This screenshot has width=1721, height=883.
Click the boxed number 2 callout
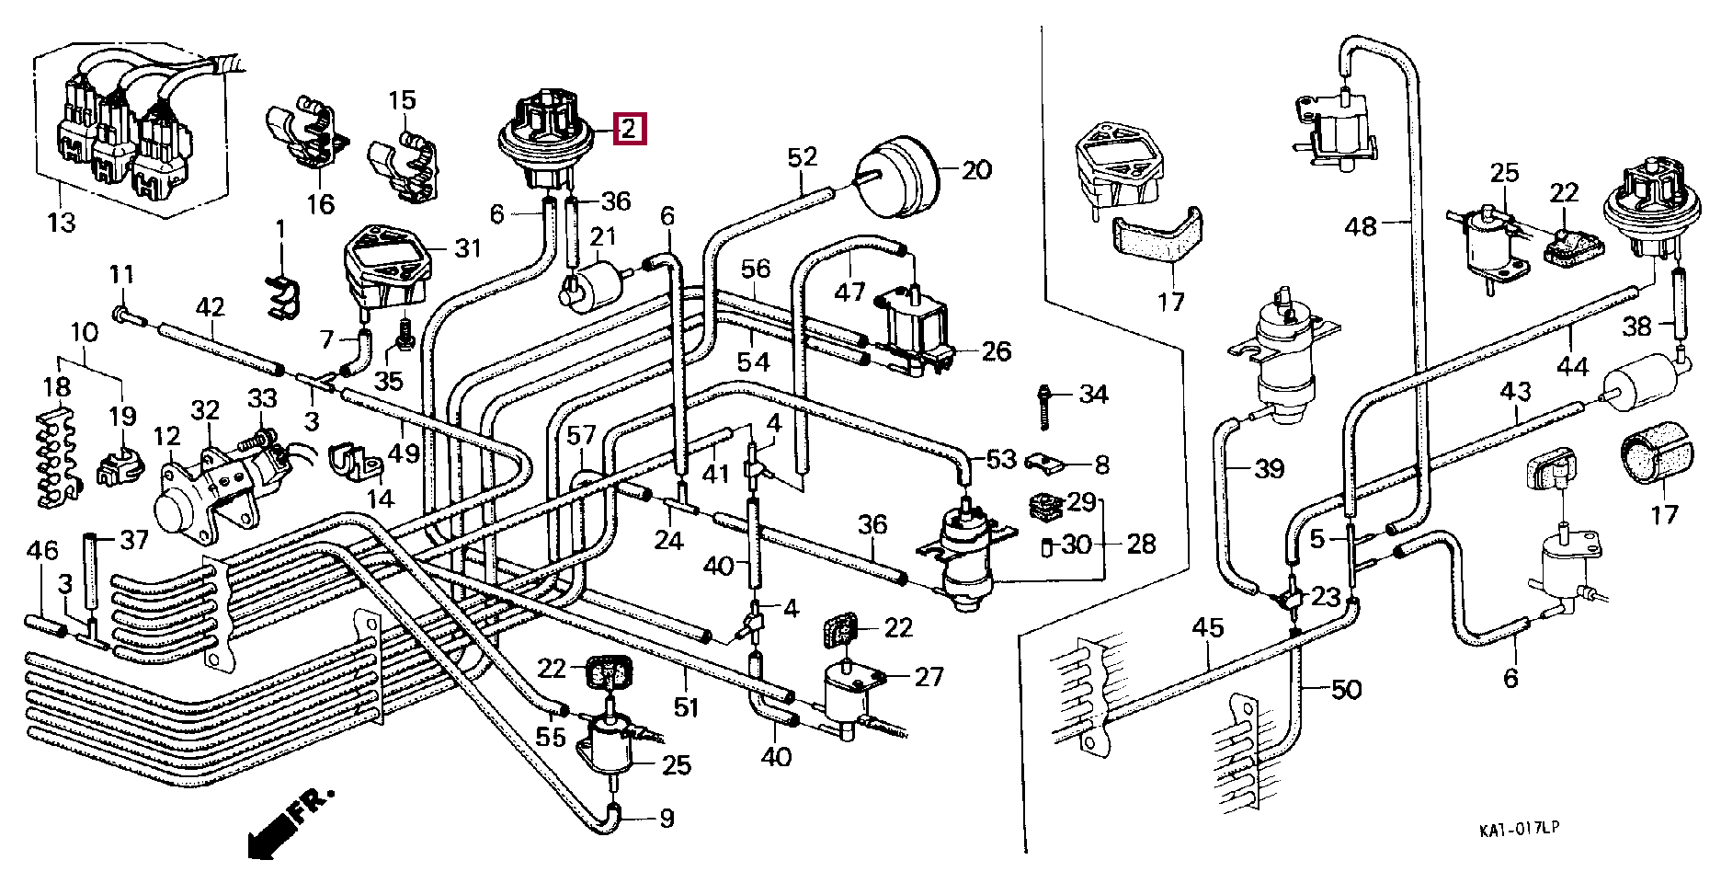629,128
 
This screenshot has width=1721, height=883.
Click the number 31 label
468,248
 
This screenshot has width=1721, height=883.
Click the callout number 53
1002,458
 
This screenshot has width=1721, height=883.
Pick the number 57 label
581,436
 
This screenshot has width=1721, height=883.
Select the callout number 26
997,350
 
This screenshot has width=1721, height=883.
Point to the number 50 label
1346,690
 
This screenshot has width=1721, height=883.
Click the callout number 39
1269,469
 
